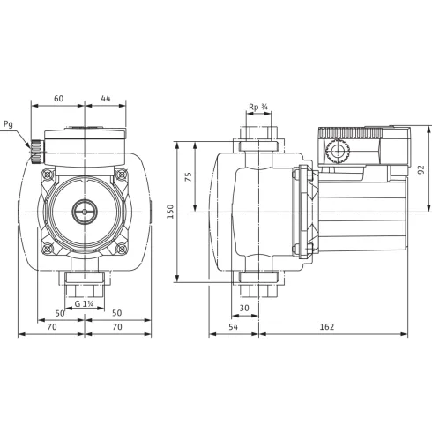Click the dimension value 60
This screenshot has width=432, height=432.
point(58,98)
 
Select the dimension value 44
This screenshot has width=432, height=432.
point(105,98)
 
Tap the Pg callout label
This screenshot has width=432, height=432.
point(9,125)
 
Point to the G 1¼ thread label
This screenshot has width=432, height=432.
point(86,304)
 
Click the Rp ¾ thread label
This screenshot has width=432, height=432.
point(258,108)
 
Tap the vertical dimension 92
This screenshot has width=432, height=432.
point(421,169)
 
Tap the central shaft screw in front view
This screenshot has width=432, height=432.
point(85,212)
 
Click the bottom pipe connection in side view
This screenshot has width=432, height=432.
point(257,283)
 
